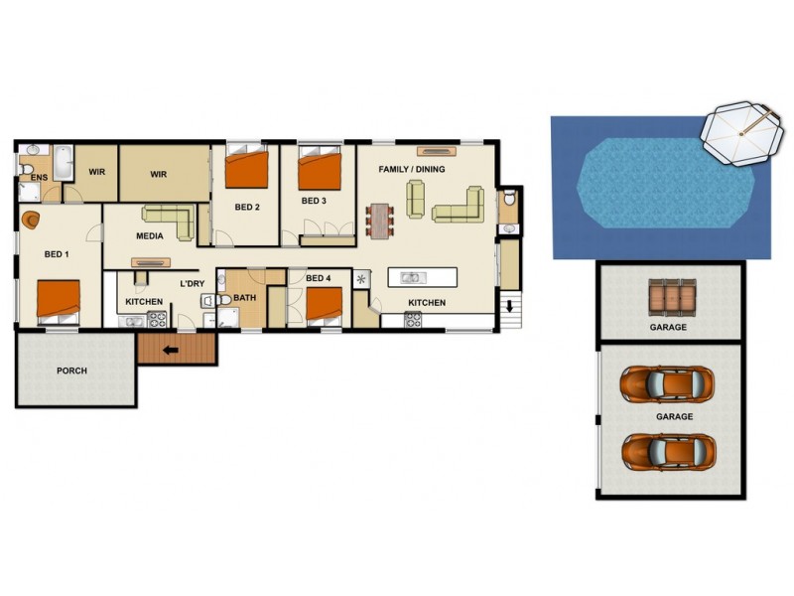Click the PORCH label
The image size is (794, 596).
point(71,371)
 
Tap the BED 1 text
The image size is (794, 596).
point(58,254)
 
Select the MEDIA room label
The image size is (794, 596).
point(150,237)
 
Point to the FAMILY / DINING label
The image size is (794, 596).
point(412,170)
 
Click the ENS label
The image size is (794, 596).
point(39,178)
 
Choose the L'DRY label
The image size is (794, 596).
point(192,285)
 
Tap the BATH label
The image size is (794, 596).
point(244,296)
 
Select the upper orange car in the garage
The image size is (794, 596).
point(668,382)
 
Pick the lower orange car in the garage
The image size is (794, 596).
point(668,450)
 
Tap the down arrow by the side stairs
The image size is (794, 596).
point(512,307)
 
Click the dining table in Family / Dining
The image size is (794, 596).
point(380,220)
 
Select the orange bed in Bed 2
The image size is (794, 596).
point(245,169)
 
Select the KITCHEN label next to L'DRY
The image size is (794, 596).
point(144,302)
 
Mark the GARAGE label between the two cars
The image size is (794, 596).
point(674,417)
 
